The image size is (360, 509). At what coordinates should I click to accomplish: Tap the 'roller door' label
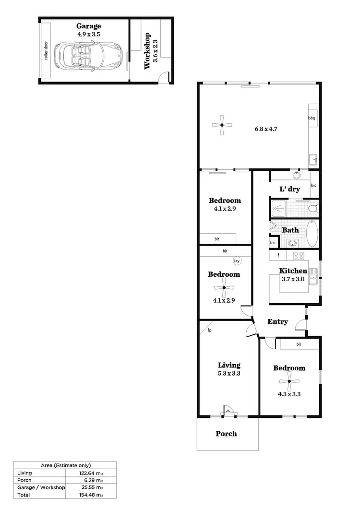click(x=47, y=51)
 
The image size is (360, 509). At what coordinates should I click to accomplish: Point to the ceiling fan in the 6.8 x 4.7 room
click(x=222, y=125)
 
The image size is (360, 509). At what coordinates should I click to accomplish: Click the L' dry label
click(x=289, y=189)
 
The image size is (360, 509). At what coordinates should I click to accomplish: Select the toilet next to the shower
click(x=312, y=209)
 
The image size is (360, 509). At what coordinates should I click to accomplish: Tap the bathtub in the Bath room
click(x=312, y=233)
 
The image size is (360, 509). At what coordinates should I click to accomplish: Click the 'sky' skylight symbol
click(x=236, y=261)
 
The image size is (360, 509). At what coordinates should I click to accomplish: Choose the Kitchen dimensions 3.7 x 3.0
click(x=293, y=279)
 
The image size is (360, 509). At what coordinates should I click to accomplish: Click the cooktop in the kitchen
click(x=299, y=255)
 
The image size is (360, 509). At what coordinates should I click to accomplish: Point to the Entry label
click(x=277, y=321)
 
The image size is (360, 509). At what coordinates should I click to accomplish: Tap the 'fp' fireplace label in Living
click(x=210, y=330)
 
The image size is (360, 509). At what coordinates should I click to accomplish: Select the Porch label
click(x=226, y=434)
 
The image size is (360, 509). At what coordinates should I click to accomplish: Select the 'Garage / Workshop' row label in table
click(x=40, y=487)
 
